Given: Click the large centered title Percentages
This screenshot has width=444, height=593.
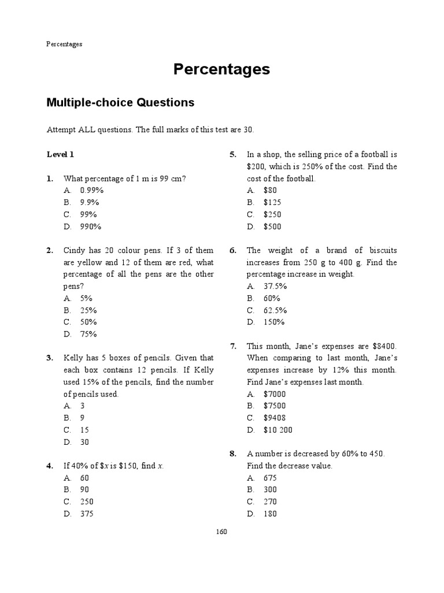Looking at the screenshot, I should click(x=222, y=69).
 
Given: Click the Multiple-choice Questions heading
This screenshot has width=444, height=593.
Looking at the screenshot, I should click(x=120, y=103).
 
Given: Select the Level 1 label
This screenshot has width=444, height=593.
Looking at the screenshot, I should click(x=60, y=155).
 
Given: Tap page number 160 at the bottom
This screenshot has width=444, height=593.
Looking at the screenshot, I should click(x=222, y=532).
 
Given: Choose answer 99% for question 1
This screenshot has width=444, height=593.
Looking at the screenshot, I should click(x=88, y=214).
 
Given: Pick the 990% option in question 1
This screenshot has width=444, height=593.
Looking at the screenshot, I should click(x=91, y=226).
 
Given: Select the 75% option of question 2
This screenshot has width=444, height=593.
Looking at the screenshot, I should click(x=88, y=334).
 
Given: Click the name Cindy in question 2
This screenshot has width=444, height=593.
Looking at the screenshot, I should click(x=75, y=250).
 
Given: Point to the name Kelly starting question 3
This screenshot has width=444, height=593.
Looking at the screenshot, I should click(x=74, y=358).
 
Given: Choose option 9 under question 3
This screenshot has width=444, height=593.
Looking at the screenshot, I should click(x=83, y=418).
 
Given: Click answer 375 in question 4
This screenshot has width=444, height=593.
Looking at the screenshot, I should click(x=87, y=514).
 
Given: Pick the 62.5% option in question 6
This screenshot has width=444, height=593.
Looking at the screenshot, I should click(x=275, y=310).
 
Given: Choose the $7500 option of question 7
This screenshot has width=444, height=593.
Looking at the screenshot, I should click(x=275, y=406).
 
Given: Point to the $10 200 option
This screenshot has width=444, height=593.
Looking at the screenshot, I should click(x=278, y=430).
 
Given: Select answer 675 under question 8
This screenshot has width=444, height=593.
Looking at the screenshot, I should click(x=270, y=478).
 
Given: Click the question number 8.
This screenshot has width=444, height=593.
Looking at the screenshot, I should click(x=233, y=454).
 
